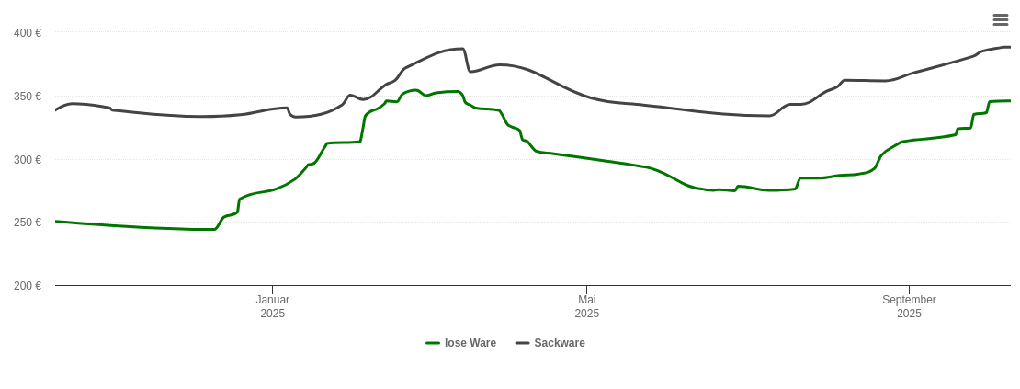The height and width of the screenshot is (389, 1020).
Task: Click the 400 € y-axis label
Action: tap(28, 33)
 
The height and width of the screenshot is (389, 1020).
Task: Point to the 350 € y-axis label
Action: tap(28, 97)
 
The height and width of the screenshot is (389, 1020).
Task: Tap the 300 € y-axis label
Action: tap(28, 160)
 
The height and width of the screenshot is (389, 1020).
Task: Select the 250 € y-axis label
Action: tap(28, 223)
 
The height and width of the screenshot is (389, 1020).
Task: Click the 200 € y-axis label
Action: tap(28, 286)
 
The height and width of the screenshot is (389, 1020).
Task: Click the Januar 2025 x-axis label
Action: tap(273, 306)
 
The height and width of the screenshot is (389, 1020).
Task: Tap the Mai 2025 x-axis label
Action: tap(587, 306)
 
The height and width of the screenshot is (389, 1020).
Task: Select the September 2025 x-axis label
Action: tap(909, 306)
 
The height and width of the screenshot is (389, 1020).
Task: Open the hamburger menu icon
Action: tap(1001, 19)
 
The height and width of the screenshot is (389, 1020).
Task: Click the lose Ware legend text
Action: tap(470, 343)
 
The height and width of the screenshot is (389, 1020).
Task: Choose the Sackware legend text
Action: tap(560, 343)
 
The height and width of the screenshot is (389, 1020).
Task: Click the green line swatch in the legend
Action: tap(433, 343)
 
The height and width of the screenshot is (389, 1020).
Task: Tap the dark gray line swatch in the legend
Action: tap(523, 343)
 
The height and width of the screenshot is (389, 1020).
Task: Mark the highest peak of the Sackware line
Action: tap(461, 49)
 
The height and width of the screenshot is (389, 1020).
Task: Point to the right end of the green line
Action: tap(1010, 101)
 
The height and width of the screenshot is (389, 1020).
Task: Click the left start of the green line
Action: tap(56, 221)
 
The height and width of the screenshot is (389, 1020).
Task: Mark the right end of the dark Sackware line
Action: tap(1010, 47)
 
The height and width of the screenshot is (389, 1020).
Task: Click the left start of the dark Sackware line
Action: tap(56, 110)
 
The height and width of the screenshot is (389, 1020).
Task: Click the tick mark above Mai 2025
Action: tap(586, 290)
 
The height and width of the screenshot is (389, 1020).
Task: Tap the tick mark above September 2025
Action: tap(909, 290)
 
